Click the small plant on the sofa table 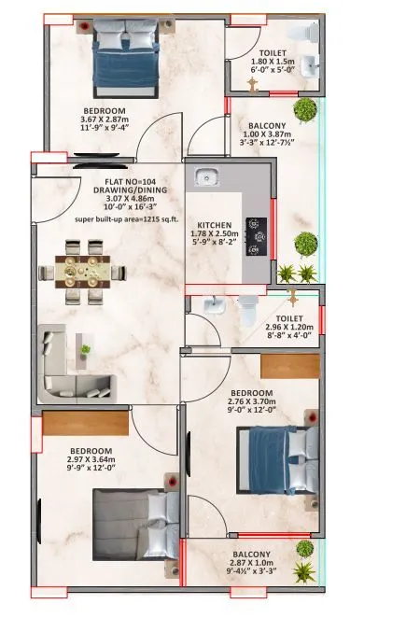tap(86, 349)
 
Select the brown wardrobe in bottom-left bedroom tap(84, 423)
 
